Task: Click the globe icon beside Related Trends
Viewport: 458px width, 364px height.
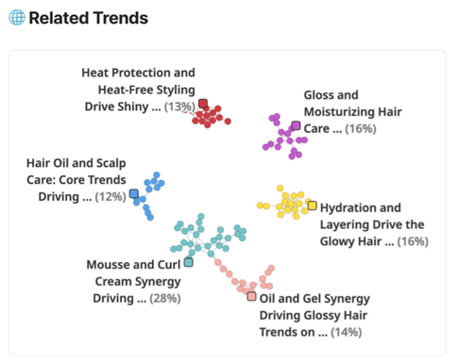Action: [x=16, y=18]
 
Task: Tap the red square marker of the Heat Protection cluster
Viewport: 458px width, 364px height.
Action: [x=203, y=104]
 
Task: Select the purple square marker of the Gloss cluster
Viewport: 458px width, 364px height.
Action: [x=297, y=125]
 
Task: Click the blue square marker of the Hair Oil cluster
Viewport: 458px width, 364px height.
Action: [x=134, y=194]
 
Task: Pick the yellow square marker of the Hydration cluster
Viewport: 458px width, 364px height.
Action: [x=312, y=205]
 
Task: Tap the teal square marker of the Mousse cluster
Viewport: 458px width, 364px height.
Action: [x=188, y=262]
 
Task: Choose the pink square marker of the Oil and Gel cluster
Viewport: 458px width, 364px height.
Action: [x=251, y=296]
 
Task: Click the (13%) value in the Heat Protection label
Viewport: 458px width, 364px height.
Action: [x=179, y=107]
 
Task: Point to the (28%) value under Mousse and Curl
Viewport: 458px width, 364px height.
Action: [x=164, y=299]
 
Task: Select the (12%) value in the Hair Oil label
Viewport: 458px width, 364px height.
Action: [x=110, y=197]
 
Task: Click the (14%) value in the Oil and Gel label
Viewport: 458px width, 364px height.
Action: [x=346, y=332]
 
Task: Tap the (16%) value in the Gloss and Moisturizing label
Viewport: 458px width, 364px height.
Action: [x=360, y=129]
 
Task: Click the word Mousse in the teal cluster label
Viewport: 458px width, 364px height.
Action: [x=110, y=265]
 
